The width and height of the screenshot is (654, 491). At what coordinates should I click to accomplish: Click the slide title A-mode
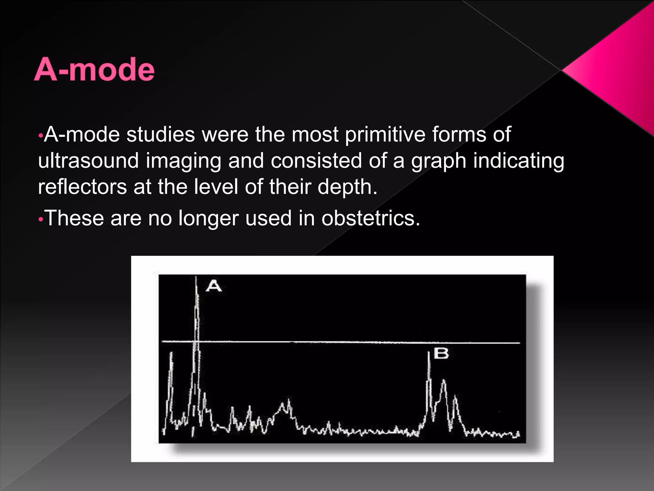(94, 69)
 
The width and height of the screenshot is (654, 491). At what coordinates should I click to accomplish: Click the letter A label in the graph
(214, 285)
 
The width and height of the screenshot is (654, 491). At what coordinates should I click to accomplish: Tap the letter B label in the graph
(441, 354)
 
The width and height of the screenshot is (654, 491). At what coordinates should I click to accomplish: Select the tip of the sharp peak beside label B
(429, 352)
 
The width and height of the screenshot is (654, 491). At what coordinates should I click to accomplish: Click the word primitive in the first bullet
(385, 134)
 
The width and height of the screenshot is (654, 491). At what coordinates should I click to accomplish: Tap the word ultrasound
(88, 160)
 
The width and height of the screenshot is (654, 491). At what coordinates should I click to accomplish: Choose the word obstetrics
(370, 218)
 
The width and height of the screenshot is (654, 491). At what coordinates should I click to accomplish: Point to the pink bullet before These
(40, 220)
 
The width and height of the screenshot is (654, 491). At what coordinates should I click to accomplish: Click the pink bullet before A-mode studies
(40, 136)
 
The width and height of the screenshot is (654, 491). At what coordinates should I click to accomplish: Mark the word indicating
(519, 160)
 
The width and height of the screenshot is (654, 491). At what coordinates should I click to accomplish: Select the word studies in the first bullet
(161, 134)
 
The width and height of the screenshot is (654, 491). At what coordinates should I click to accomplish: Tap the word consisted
(316, 160)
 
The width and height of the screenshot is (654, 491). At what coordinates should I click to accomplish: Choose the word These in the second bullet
(74, 218)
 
